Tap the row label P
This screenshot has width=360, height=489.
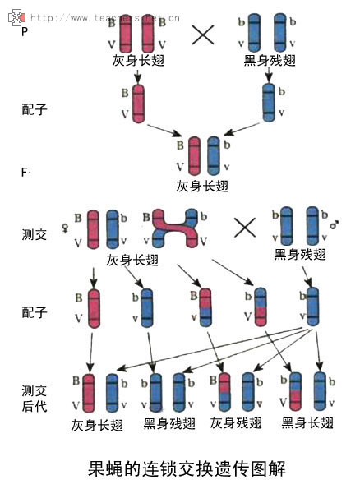(x=25, y=33)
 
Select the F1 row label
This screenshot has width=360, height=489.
(x=26, y=172)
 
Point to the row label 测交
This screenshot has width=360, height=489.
(x=34, y=234)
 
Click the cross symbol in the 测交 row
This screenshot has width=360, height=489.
(x=244, y=227)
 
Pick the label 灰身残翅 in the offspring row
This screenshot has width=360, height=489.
(x=236, y=423)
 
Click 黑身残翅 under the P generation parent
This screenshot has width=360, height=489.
(x=269, y=61)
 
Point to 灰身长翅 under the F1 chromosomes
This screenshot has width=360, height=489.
(x=201, y=187)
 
